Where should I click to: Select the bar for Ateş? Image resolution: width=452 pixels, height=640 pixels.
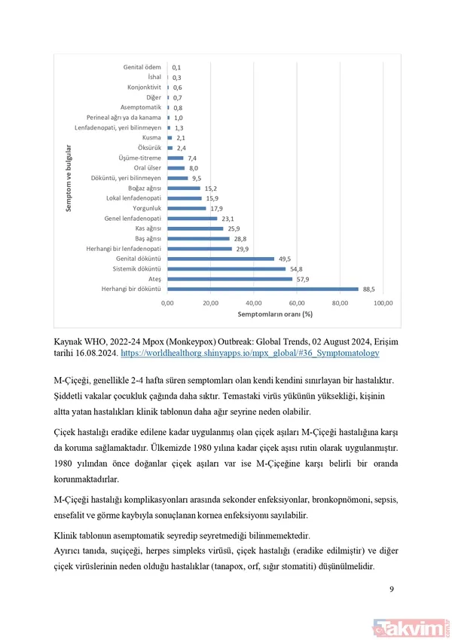(229, 278)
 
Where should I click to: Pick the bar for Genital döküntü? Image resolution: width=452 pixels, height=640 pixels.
(220, 258)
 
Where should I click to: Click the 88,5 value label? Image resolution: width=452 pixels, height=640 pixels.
(368, 288)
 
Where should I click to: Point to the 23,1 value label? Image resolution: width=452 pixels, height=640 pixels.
(228, 218)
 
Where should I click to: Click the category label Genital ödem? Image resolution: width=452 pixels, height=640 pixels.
(143, 67)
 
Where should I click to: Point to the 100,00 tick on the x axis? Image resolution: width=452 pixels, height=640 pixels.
(383, 302)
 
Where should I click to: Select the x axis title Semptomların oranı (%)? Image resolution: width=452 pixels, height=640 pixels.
(275, 314)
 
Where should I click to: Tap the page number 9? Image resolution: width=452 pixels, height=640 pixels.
(392, 589)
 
